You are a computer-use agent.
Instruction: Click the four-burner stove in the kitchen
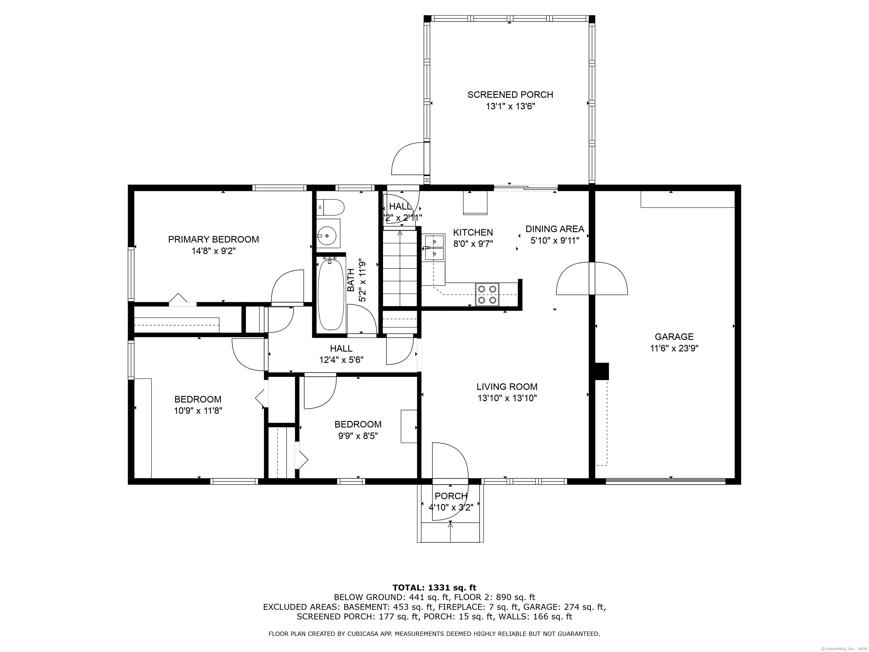pyautogui.click(x=487, y=294)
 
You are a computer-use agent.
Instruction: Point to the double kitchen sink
pyautogui.click(x=434, y=248)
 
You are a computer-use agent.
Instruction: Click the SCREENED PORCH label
pyautogui.click(x=510, y=95)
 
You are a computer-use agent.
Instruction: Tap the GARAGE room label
pyautogui.click(x=674, y=337)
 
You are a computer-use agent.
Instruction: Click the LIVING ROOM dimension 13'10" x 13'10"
pyautogui.click(x=507, y=398)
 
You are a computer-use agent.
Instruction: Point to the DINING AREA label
pyautogui.click(x=555, y=229)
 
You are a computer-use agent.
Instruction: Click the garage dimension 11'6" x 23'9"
pyautogui.click(x=674, y=348)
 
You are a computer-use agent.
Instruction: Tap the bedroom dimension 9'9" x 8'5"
pyautogui.click(x=358, y=436)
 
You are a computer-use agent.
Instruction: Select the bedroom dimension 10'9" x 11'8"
pyautogui.click(x=198, y=411)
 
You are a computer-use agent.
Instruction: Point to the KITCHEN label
pyautogui.click(x=473, y=232)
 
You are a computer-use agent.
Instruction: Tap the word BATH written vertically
pyautogui.click(x=351, y=280)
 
